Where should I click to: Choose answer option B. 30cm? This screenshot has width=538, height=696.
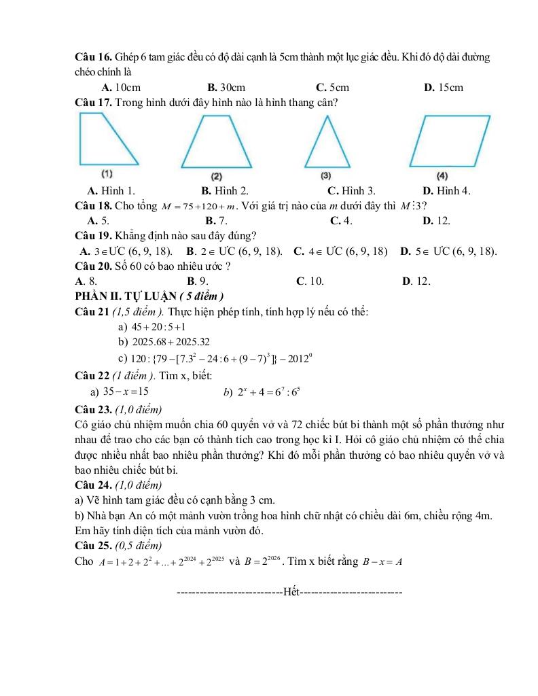pos(226,87)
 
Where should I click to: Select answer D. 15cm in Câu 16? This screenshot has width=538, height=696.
pos(443,87)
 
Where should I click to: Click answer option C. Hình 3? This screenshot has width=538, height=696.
pos(351,191)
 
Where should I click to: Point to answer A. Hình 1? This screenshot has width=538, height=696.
pos(111,191)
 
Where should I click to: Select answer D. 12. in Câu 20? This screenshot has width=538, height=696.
pos(416,281)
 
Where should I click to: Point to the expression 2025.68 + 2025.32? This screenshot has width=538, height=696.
pos(164,342)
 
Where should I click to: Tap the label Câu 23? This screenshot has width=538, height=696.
pos(94,409)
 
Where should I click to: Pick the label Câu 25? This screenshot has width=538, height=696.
pos(94,545)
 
